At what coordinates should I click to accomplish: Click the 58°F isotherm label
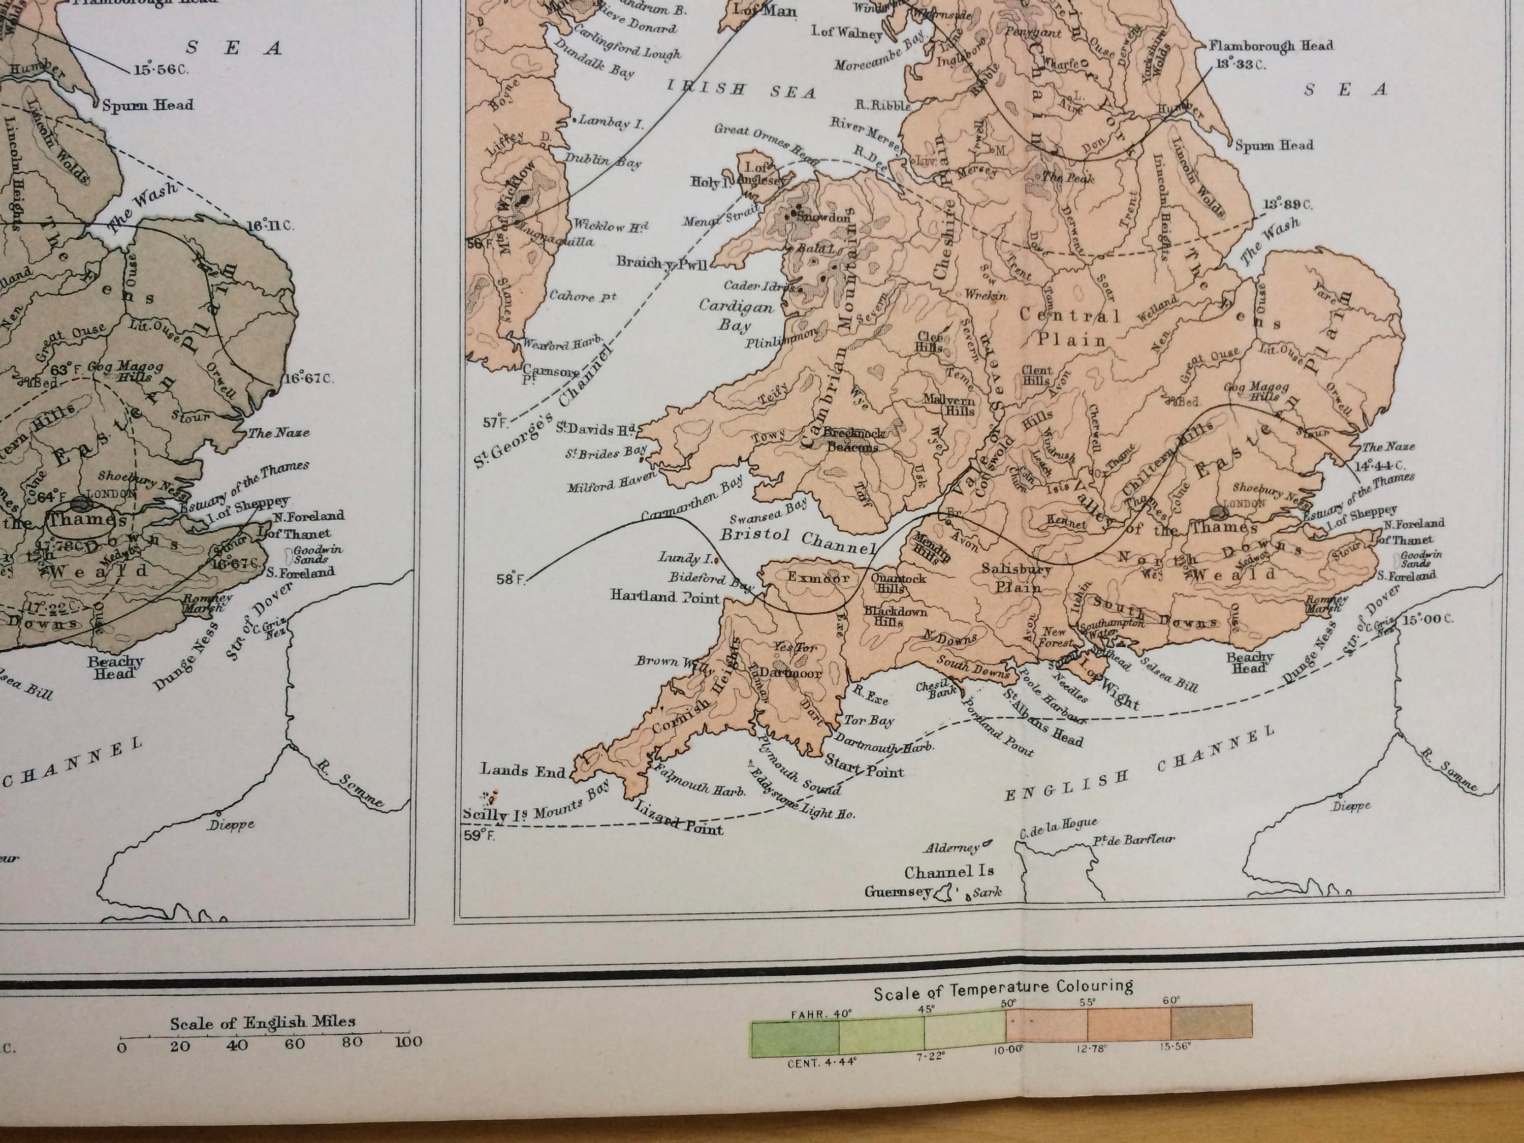[510, 580]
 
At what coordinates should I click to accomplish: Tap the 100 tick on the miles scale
[408, 1042]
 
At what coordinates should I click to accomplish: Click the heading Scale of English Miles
[263, 1023]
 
